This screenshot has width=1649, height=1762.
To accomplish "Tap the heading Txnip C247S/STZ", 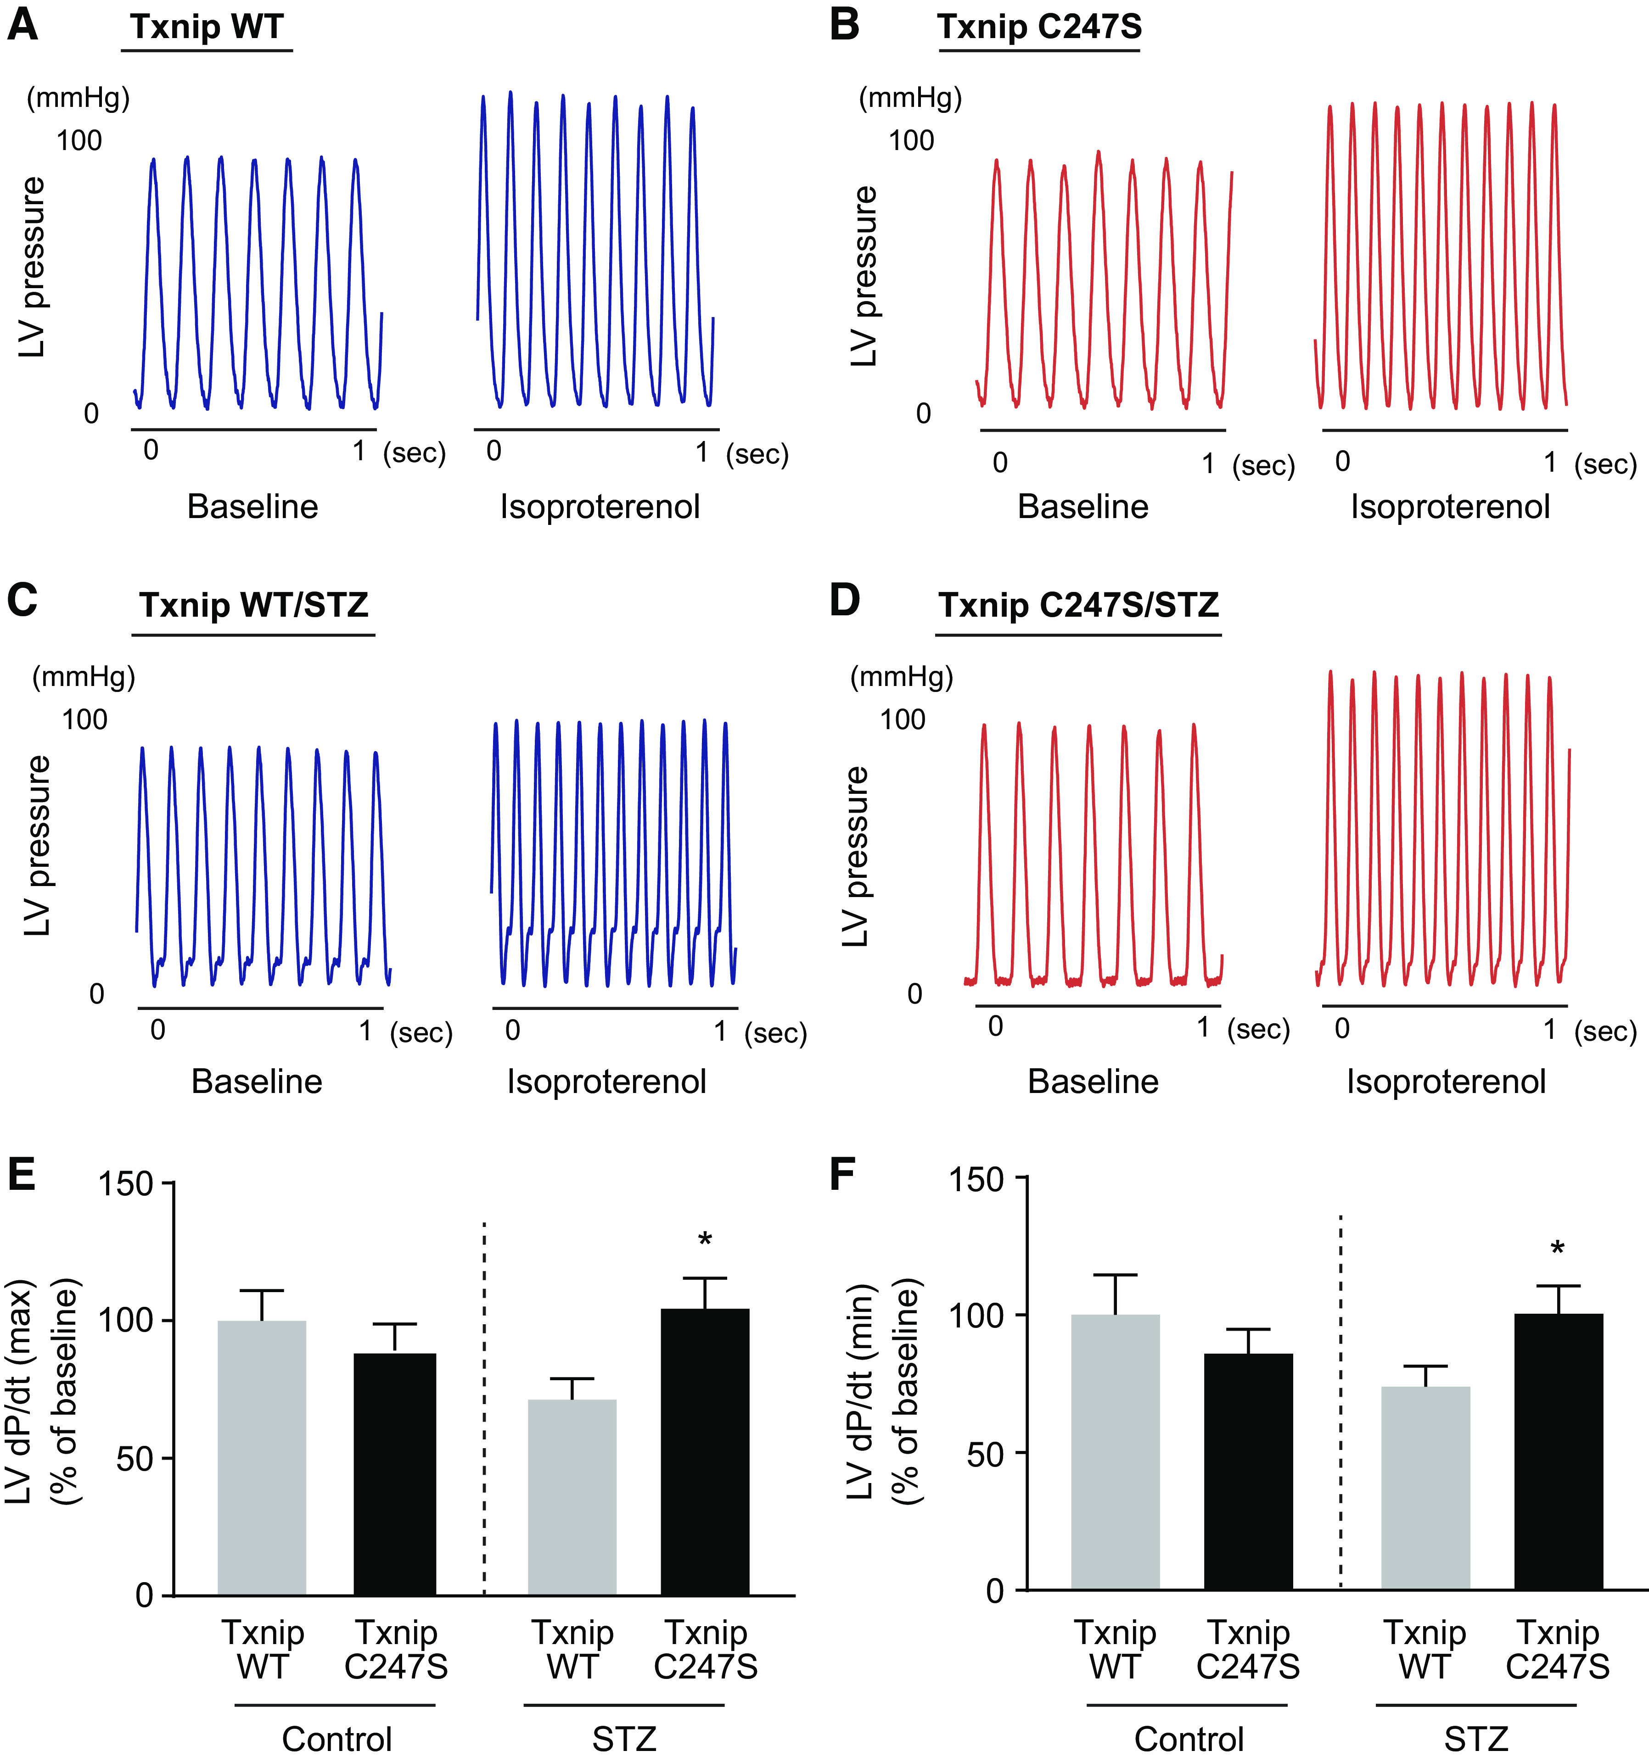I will click(1078, 605).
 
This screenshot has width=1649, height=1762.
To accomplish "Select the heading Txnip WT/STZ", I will click(253, 605).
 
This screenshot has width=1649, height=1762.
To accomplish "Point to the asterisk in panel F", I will click(1558, 1250).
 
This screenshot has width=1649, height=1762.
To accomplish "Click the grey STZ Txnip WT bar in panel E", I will click(572, 1498).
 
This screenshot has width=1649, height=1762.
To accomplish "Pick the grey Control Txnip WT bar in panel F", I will click(1115, 1454).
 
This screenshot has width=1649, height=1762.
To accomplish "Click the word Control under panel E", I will click(337, 1739).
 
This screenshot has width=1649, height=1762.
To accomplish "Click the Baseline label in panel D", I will click(1093, 1082).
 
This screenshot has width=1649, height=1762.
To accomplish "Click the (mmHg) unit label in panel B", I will click(909, 97).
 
